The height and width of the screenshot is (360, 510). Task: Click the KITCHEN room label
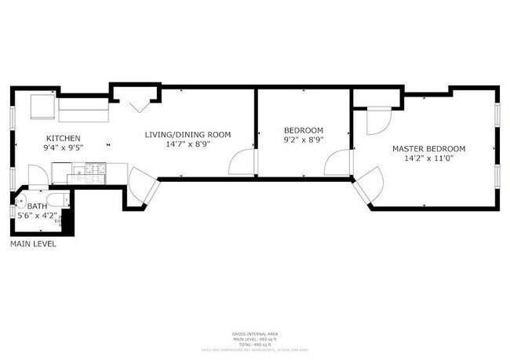click(61, 137)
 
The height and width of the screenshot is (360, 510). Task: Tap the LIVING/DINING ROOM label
click(188, 134)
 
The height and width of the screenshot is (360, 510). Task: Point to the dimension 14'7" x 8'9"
click(188, 144)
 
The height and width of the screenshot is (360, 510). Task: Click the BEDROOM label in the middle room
click(303, 130)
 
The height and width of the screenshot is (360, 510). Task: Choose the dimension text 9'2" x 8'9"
click(303, 140)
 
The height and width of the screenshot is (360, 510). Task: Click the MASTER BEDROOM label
click(428, 149)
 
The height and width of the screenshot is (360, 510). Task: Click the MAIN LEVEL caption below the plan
click(33, 244)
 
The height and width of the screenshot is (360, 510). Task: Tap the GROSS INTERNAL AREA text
click(255, 333)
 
